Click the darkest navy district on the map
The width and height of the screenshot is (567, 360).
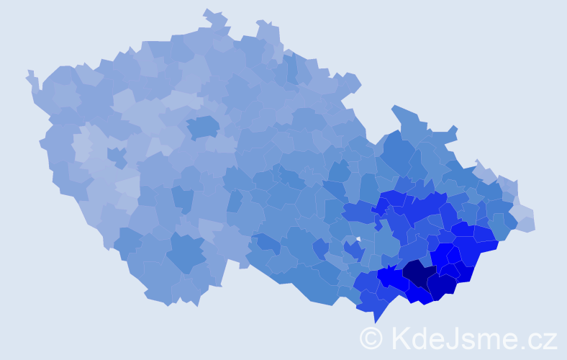tap(417, 274)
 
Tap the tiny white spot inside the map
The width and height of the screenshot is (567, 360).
tap(358, 238)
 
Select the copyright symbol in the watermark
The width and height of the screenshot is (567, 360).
tap(372, 337)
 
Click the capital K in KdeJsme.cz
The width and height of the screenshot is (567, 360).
tap(400, 337)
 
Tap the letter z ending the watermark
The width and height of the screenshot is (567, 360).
tap(550, 340)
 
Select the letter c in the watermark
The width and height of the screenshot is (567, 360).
tap(535, 340)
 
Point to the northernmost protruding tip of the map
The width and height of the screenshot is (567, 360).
tap(209, 12)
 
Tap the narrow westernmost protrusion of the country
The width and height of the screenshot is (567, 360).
tap(30, 75)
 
